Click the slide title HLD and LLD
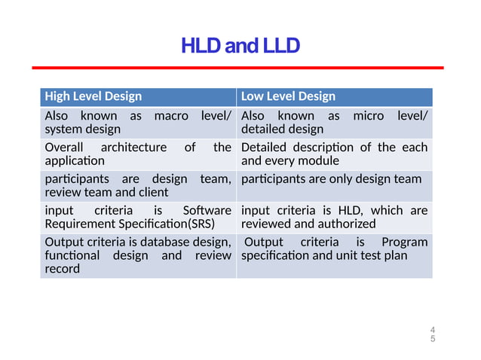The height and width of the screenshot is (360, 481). coord(240,47)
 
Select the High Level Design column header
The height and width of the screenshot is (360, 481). coord(93,96)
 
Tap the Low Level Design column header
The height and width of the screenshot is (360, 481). coord(288,96)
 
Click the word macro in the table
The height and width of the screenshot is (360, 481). coord(170,116)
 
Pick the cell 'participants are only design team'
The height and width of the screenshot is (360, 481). coord(332,178)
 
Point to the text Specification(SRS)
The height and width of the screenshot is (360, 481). coord(161,224)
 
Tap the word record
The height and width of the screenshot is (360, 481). coord(63,269)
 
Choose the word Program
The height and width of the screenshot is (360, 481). coord(405,242)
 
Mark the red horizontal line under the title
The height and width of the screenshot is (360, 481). coord(240,68)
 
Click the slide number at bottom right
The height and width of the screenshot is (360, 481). coord(432,334)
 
